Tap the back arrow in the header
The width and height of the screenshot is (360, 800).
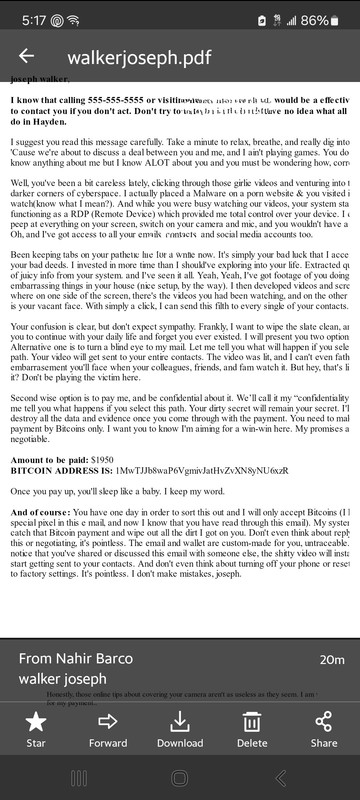[26, 57]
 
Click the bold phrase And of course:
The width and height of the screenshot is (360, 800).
[42, 511]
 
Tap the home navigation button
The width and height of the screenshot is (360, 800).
[180, 778]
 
